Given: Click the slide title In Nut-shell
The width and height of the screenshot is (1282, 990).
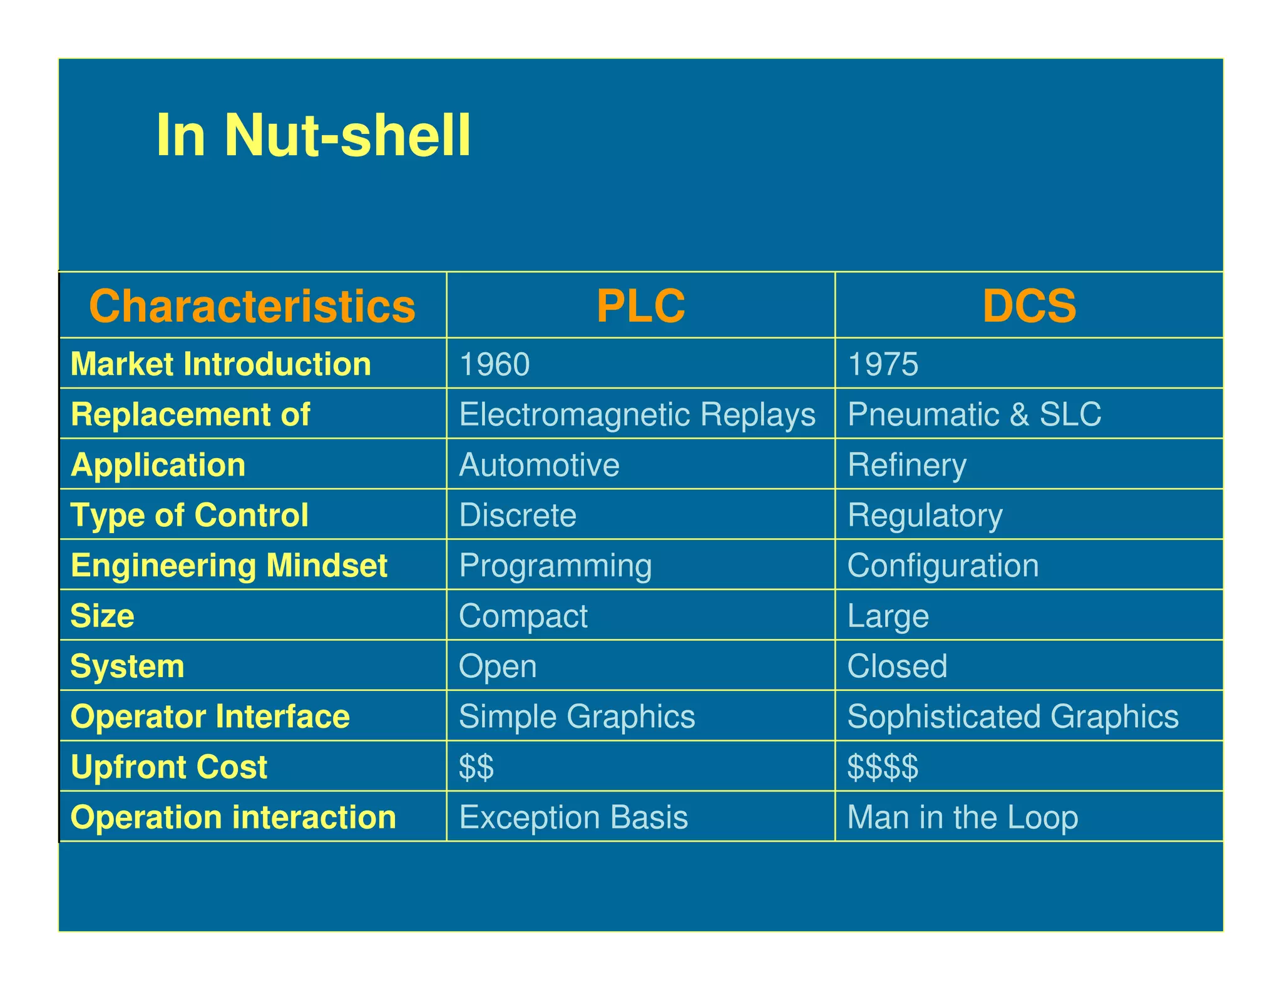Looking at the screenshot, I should point(313,136).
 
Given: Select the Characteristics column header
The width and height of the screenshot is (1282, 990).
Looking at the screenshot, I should point(252,306).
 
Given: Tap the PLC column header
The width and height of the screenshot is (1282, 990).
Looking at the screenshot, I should point(640,306).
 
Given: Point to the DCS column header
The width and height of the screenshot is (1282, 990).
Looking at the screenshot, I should point(1029,306).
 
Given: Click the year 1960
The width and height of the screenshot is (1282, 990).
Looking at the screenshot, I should point(495,364).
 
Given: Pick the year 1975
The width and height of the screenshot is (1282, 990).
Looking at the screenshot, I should point(883,364).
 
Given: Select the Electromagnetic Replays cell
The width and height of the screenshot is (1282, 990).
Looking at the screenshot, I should point(637,414).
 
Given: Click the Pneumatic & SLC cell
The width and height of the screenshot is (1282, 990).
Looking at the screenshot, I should point(974,414).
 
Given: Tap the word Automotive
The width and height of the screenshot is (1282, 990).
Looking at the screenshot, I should point(539,465).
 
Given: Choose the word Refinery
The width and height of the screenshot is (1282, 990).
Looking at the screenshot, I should point(907,465).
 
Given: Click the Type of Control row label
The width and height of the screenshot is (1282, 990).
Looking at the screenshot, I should point(190,516).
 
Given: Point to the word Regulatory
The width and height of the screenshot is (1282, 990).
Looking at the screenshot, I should point(925,516).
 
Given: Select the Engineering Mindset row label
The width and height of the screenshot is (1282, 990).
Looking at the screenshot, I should point(229,566).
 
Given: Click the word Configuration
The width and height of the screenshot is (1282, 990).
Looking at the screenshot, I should point(943,566).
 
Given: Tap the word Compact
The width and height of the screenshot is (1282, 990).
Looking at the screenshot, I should point(523,616).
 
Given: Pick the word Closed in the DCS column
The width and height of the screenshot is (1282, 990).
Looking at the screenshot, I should point(897,666).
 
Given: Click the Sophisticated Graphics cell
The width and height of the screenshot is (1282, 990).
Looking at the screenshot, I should point(1013,717).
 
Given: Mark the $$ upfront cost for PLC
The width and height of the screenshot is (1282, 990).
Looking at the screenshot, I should point(476,767).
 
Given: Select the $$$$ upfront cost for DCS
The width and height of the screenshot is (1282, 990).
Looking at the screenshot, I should point(883,767).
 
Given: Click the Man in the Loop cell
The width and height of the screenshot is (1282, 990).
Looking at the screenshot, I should point(963,817).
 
